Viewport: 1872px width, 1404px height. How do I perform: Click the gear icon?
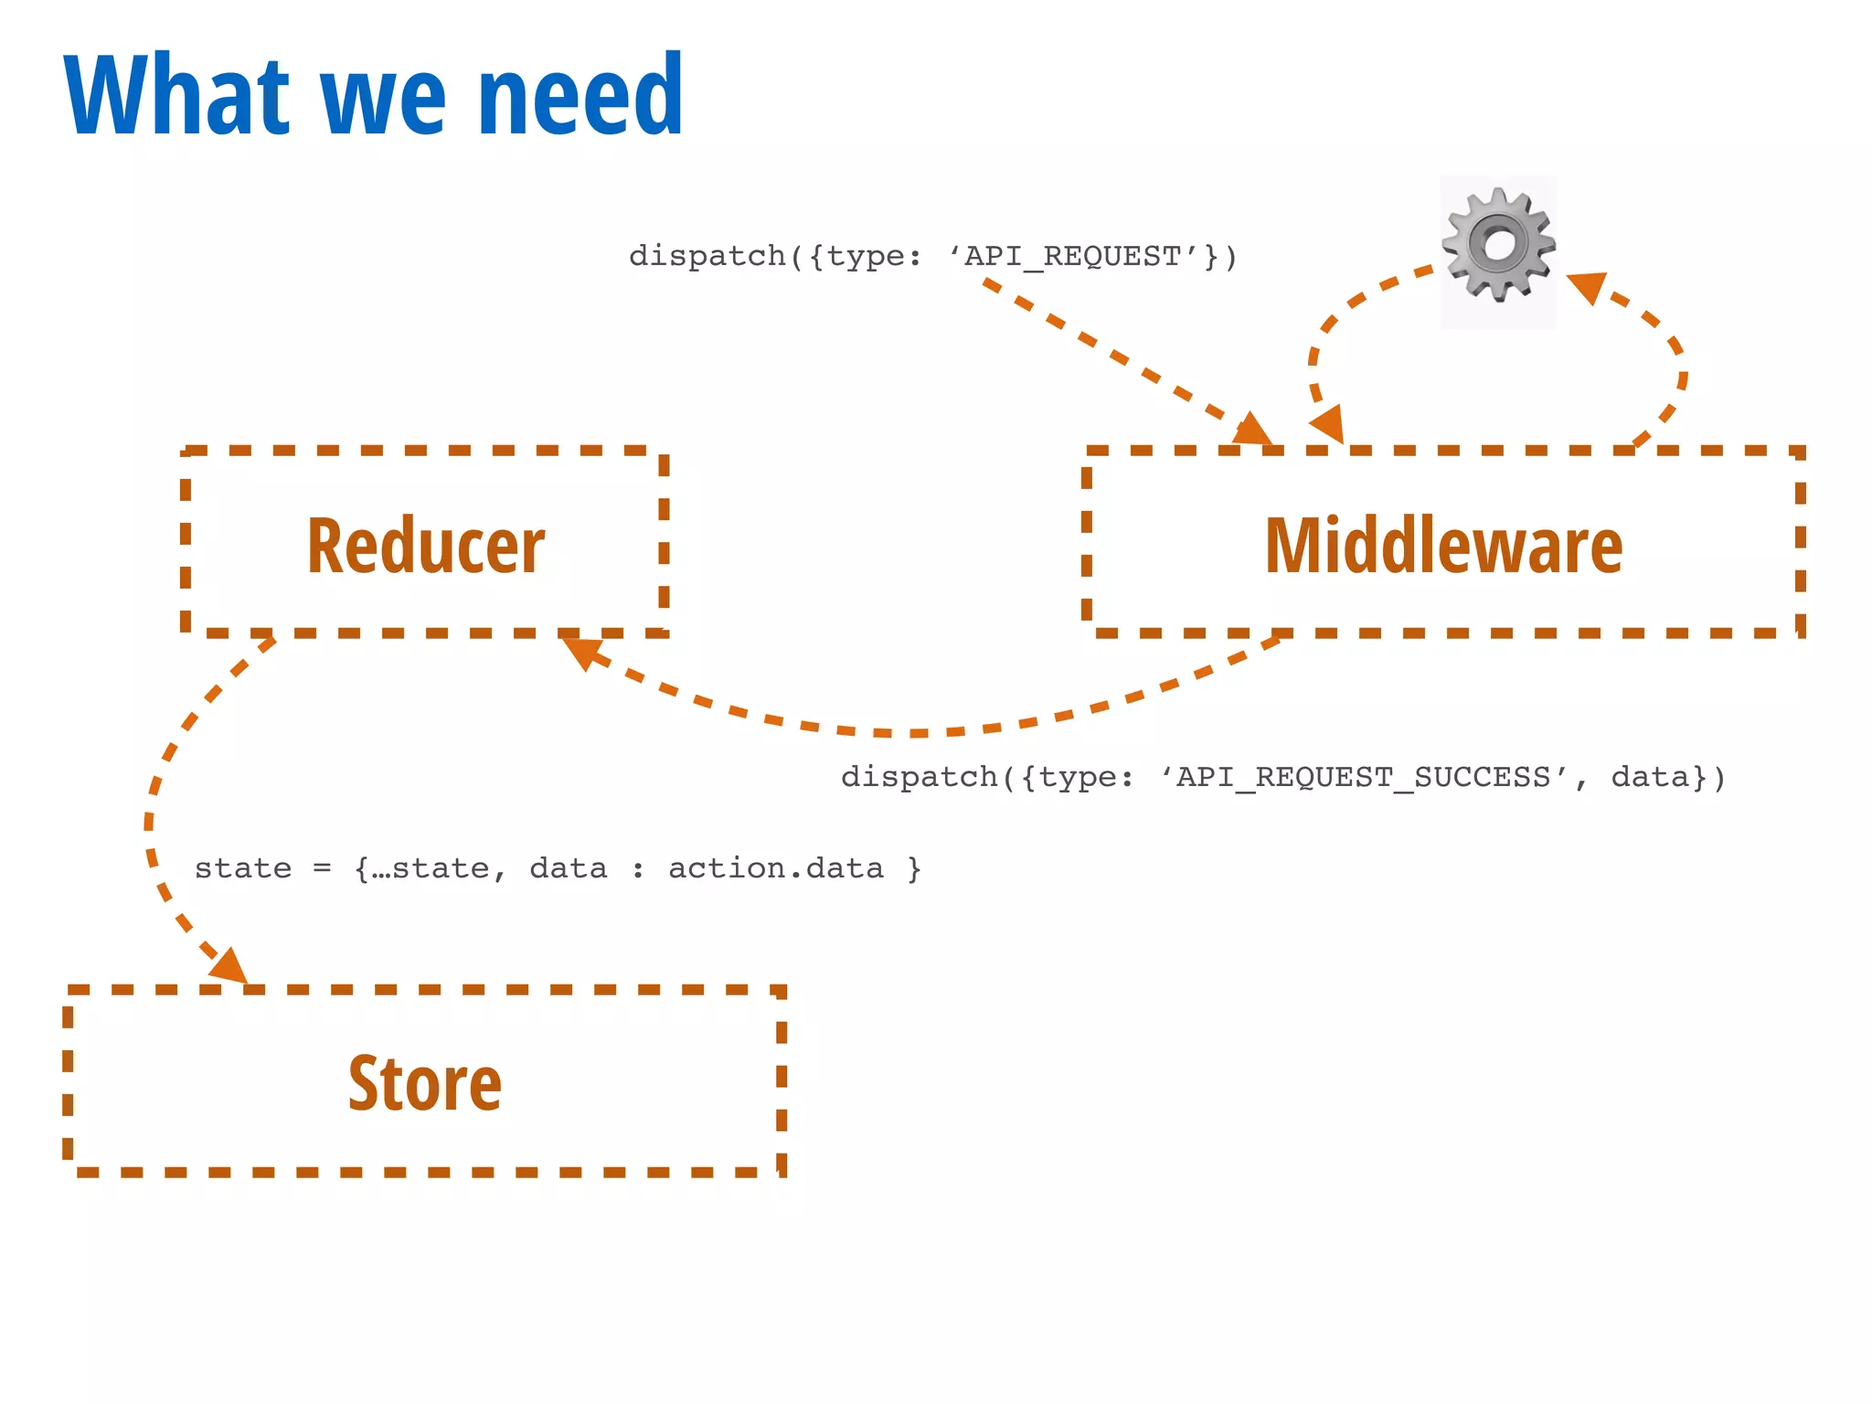[1498, 245]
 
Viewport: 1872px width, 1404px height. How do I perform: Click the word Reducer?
[426, 546]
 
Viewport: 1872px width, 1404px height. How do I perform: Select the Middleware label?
[1443, 546]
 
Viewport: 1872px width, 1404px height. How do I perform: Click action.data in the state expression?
[776, 867]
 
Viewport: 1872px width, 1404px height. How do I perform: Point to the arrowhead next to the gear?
[1588, 287]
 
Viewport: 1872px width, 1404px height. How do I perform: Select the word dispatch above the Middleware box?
[707, 256]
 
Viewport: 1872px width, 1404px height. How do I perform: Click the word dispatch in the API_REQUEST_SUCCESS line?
[919, 777]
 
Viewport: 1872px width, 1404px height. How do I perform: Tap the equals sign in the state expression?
[322, 867]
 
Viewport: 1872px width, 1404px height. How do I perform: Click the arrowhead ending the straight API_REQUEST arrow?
[1252, 430]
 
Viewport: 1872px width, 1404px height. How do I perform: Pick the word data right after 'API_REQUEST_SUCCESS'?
[1650, 777]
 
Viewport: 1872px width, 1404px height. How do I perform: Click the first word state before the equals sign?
[243, 867]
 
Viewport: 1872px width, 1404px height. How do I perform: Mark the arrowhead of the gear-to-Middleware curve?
[1327, 424]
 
